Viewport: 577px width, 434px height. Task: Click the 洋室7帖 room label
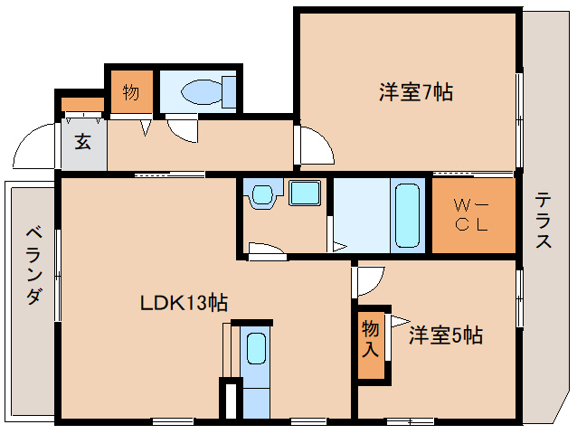[x=416, y=92]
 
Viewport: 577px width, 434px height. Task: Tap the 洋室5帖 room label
[x=446, y=335]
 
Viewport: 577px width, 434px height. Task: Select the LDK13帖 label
[x=184, y=303]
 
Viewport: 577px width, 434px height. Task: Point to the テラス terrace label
[x=544, y=221]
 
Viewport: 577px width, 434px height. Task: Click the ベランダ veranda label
[x=34, y=266]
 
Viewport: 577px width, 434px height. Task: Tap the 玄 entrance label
[x=83, y=142]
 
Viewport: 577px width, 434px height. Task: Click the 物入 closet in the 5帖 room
[x=371, y=345]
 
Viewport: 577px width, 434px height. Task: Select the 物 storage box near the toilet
[x=131, y=91]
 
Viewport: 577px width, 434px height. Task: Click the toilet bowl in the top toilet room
[x=202, y=92]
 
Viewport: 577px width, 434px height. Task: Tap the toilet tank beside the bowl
[x=229, y=92]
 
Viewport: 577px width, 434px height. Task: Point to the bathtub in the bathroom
[x=407, y=215]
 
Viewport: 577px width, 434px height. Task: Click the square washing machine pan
[x=304, y=193]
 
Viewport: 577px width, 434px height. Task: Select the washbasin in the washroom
[x=263, y=195]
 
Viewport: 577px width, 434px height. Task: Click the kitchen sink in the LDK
[x=256, y=348]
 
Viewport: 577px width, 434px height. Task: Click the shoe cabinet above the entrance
[x=82, y=105]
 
